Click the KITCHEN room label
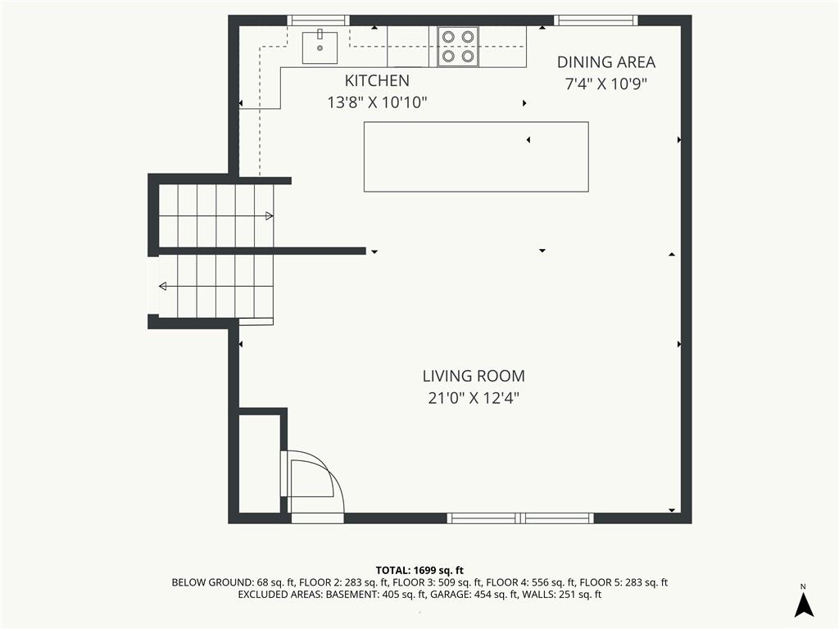point(377,81)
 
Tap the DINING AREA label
point(606,62)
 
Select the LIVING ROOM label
point(474,376)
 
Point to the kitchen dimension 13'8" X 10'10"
point(377,102)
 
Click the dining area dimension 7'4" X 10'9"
point(606,84)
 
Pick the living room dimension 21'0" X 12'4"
point(474,399)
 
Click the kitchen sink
point(320,48)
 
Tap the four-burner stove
point(458,47)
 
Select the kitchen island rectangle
point(476,156)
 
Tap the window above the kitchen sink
point(319,20)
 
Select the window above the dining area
point(596,20)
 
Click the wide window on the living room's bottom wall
point(520,518)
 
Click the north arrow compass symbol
point(804,602)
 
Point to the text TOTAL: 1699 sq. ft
point(419,571)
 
